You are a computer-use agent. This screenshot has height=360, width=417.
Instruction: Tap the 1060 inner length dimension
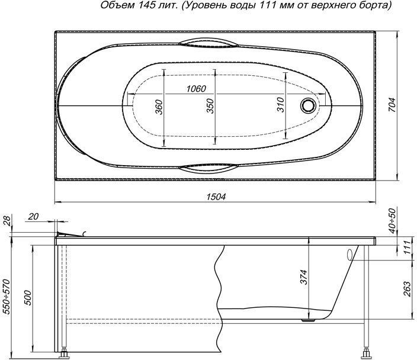pos(195,89)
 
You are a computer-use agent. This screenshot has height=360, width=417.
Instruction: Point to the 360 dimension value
pos(159,107)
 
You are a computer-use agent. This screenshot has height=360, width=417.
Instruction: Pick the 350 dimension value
pos(210,107)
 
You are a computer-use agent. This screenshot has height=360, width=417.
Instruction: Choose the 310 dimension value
pos(281,105)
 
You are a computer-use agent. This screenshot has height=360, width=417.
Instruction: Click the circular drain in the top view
pos(308,106)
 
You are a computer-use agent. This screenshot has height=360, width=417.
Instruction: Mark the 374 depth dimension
pos(303,276)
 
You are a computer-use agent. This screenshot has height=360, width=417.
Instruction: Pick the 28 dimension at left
pos(7,221)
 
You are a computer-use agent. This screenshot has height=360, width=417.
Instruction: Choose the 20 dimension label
pos(33,217)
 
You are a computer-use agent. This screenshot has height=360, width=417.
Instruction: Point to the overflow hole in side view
pos(350,255)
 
